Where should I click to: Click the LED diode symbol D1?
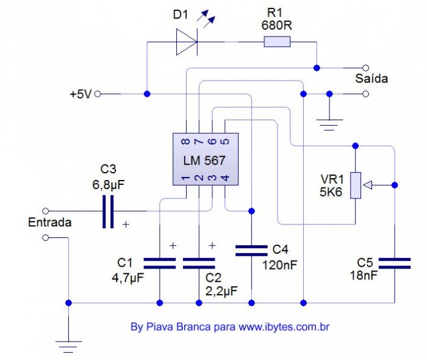[x=186, y=42]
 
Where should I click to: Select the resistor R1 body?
[x=277, y=42]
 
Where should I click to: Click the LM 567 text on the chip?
[x=204, y=160]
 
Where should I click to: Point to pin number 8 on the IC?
[x=185, y=142]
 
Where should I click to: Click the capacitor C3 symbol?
[x=108, y=212]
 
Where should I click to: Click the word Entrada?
[x=50, y=223]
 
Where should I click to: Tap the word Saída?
[x=371, y=79]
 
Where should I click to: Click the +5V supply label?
[x=80, y=95]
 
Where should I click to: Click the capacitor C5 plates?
[x=394, y=263]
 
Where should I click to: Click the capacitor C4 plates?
[x=251, y=250]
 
